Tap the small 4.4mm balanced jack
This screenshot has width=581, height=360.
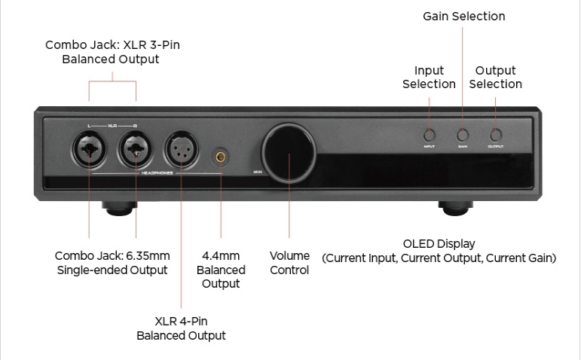click(222, 157)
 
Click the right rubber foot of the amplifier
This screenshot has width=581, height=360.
click(457, 206)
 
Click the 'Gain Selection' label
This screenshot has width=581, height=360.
click(463, 16)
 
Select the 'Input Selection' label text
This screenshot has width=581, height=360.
click(429, 78)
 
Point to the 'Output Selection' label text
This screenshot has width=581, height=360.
click(495, 78)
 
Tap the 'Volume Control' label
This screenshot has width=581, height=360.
click(289, 263)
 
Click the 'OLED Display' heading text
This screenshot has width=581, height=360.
click(439, 244)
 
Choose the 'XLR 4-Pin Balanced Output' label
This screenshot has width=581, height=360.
click(181, 328)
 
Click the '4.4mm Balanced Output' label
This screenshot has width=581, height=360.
click(221, 270)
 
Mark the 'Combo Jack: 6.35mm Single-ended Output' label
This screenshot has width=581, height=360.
click(112, 263)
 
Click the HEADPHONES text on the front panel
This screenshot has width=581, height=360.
click(158, 172)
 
